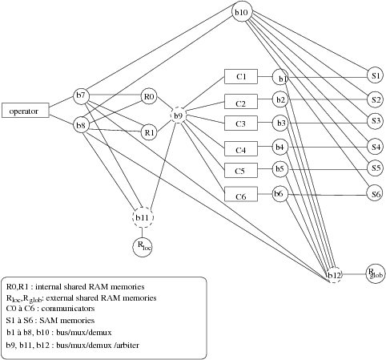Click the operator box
coord(26,110)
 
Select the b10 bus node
coord(242,12)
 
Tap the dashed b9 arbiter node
coord(178,115)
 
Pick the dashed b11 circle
coord(143,217)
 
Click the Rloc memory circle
coord(143,247)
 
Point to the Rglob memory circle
coord(376,273)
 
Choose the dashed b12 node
coord(334,275)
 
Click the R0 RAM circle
coord(149,96)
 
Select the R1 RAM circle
coord(149,132)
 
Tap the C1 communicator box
coord(241,76)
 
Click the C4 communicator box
coord(241,148)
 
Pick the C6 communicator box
coord(241,194)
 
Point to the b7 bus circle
coord(81,95)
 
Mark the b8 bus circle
coord(81,125)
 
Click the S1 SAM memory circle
coord(375,76)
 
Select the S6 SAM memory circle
coord(375,193)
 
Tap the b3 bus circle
coord(280,123)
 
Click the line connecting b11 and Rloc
coord(143,233)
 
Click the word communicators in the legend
coord(68,309)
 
